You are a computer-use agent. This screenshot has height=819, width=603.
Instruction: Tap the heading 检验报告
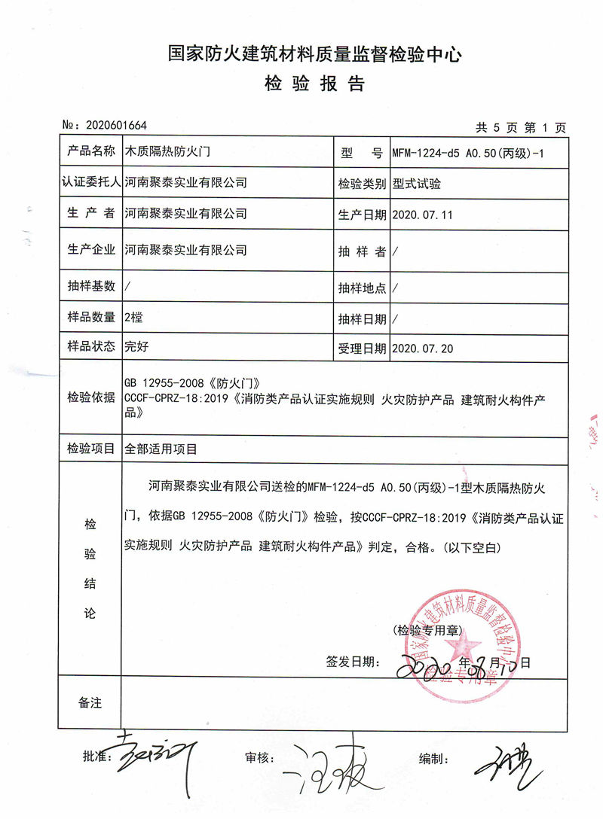click(314, 84)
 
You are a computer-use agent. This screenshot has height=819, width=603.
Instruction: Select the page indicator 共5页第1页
click(521, 126)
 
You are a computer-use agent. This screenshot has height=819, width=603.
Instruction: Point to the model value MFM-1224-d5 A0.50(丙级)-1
click(467, 153)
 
